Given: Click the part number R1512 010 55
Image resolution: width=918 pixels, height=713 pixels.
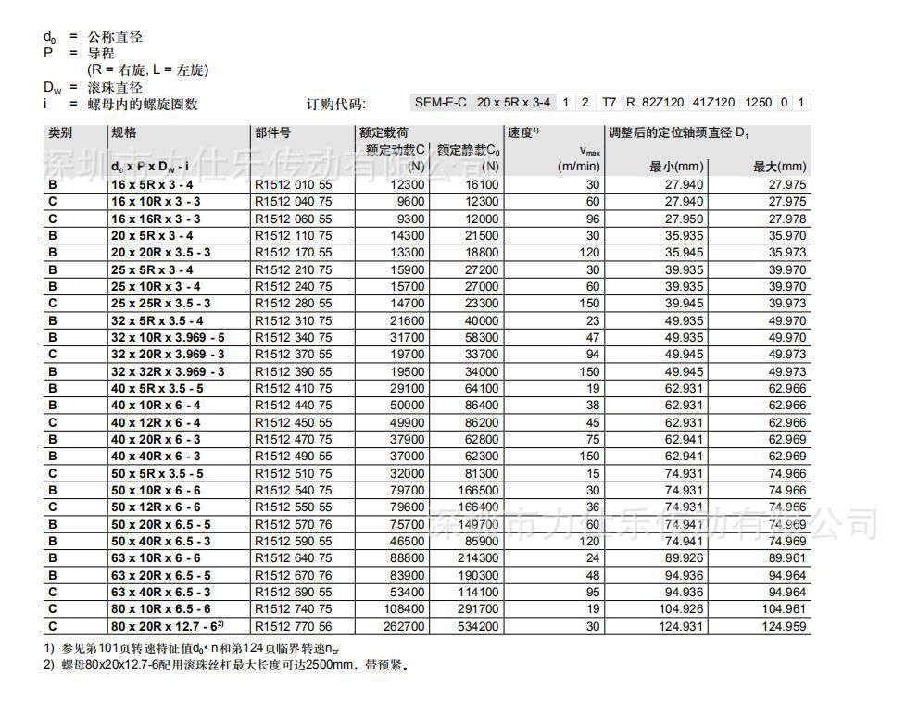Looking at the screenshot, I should click(293, 184).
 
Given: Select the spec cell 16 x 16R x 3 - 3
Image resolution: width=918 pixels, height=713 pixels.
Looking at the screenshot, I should click(156, 219).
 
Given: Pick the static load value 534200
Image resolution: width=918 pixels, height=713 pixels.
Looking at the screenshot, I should click(475, 627).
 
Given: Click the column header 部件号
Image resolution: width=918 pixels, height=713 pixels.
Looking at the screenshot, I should click(273, 133).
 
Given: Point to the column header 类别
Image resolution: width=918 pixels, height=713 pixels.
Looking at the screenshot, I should click(60, 133).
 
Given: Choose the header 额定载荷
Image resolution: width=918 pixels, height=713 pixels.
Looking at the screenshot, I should click(384, 133).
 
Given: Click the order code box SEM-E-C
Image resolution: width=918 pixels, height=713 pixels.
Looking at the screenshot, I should click(440, 103).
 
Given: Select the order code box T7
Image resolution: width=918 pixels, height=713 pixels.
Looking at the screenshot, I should click(609, 103).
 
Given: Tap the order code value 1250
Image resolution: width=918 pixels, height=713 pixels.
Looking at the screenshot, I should click(758, 103).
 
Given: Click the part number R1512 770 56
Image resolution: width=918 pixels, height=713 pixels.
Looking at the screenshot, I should click(293, 627).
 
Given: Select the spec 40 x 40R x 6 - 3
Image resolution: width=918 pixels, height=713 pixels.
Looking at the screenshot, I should click(156, 457).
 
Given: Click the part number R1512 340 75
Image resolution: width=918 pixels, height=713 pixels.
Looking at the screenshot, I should click(293, 338).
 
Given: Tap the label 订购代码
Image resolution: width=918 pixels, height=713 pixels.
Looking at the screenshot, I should click(336, 104).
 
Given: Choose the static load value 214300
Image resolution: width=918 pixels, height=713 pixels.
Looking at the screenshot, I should click(475, 558).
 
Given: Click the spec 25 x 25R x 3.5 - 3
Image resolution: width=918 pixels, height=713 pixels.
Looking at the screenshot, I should click(161, 304).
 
